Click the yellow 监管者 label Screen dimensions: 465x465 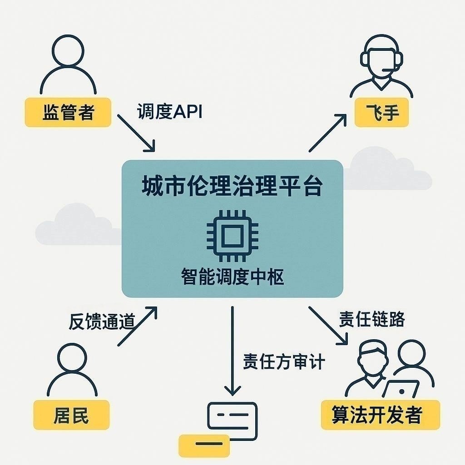pos(68,112)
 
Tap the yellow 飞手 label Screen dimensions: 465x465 pos(382,113)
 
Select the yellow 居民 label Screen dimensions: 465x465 pos(71,415)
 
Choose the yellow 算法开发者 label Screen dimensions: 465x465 pos(380,415)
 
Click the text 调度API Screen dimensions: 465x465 pos(169,111)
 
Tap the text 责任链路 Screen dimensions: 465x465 pos(372,319)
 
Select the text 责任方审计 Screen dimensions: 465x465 pos(284,362)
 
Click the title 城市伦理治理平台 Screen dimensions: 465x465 pos(232,187)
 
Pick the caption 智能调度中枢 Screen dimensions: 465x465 pos(232,277)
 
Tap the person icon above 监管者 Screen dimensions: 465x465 pos(68,64)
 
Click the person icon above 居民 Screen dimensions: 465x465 pos(72,370)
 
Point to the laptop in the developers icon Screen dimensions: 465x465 pos(401,390)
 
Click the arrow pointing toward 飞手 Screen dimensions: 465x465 pos(327,133)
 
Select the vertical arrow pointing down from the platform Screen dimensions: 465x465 pos(232,350)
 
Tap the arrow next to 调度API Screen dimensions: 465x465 pos(136,133)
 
